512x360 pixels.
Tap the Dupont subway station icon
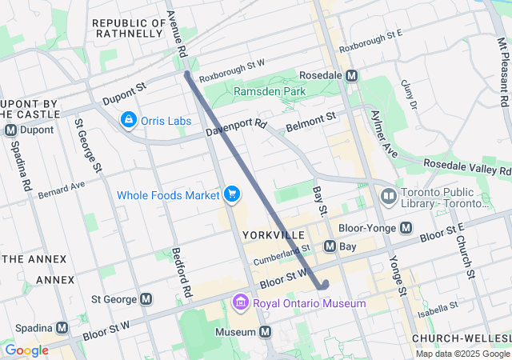pos(11,130)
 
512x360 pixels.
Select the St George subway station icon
pos(146,299)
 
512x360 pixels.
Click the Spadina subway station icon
pos(61,329)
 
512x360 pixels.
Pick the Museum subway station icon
pos(266,331)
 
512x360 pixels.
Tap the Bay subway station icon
pos(329,246)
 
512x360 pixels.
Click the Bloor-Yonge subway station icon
pos(406,228)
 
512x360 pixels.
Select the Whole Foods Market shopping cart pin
pos(232,194)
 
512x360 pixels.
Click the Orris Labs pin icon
pos(128,120)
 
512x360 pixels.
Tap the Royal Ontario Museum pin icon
pos(240,303)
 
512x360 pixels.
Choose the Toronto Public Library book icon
pos(389,196)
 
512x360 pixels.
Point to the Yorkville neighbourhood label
pos(273,234)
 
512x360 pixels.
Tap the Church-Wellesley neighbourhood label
pos(461,339)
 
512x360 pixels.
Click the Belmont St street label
pos(310,121)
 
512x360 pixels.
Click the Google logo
pos(26,350)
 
